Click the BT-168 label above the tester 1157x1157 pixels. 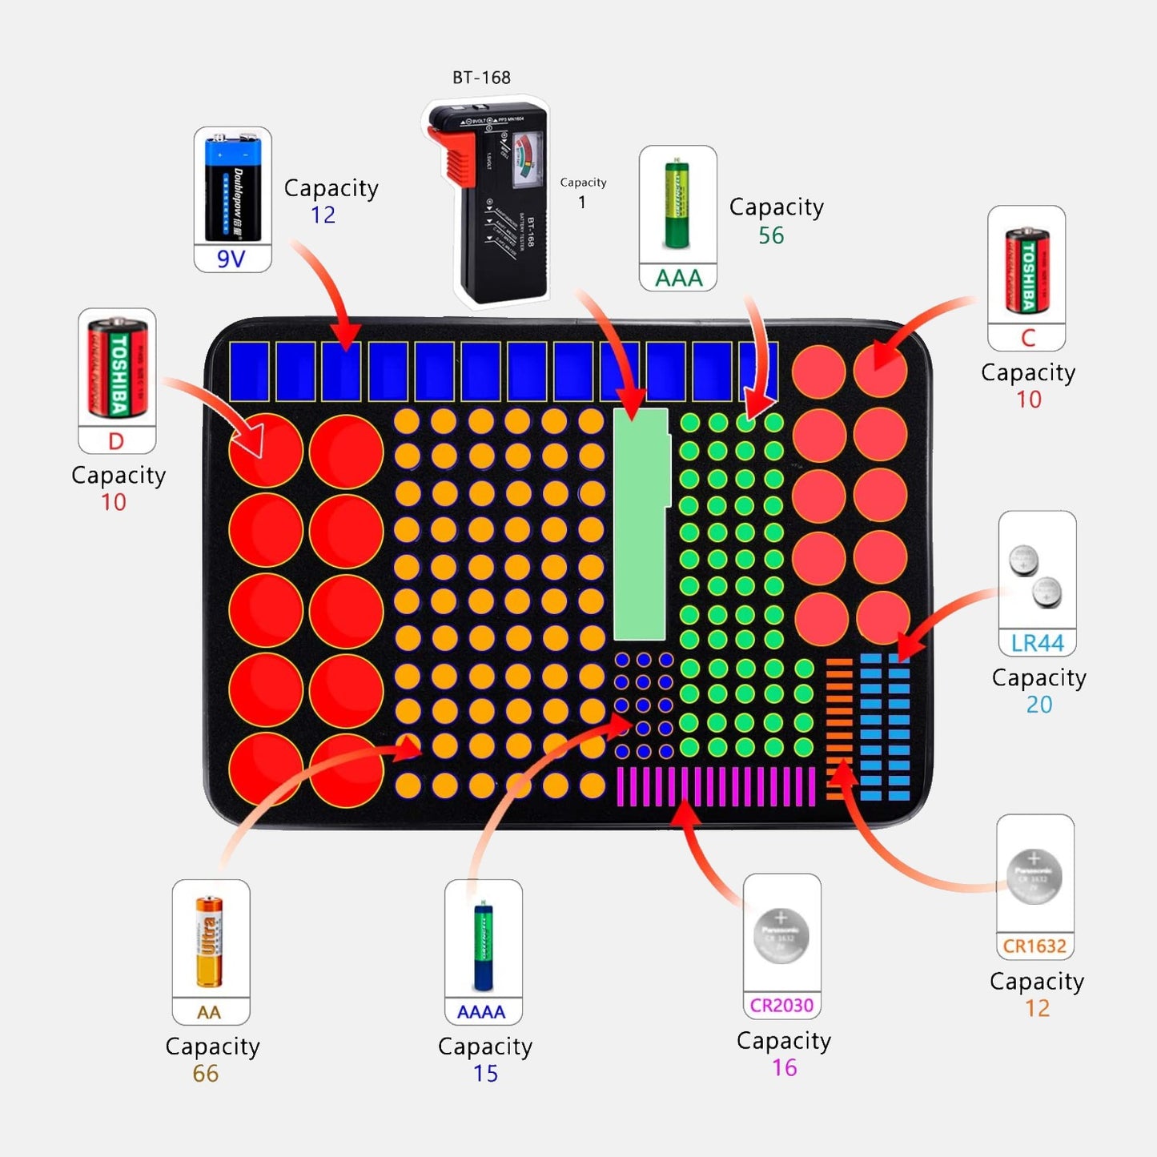pyautogui.click(x=481, y=78)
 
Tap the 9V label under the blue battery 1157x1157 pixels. pyautogui.click(x=231, y=259)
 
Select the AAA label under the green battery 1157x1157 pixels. pyautogui.click(x=678, y=278)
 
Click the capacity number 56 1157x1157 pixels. pyautogui.click(x=771, y=235)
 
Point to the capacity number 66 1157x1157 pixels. pyautogui.click(x=206, y=1074)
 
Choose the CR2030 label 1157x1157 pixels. pyautogui.click(x=781, y=1005)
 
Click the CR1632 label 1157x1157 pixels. pyautogui.click(x=1034, y=946)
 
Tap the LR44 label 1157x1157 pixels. pyautogui.click(x=1037, y=643)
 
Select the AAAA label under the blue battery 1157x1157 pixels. pyautogui.click(x=481, y=1012)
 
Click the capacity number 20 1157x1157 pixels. pyautogui.click(x=1039, y=705)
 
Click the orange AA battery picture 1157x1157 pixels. pyautogui.click(x=210, y=942)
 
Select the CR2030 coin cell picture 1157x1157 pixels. pyautogui.click(x=781, y=936)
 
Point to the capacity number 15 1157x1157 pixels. pyautogui.click(x=485, y=1074)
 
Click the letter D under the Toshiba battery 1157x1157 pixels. pyautogui.click(x=116, y=441)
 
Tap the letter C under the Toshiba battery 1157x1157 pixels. pyautogui.click(x=1028, y=338)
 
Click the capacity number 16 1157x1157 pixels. pyautogui.click(x=785, y=1067)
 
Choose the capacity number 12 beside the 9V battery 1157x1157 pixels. pyautogui.click(x=323, y=215)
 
